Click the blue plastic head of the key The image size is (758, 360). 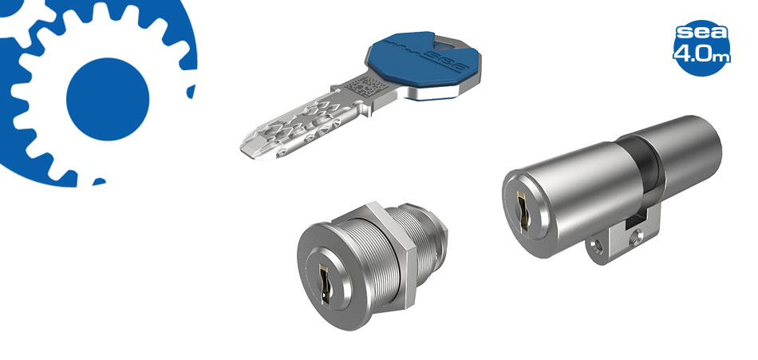click(423, 61)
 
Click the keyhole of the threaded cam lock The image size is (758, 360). click(325, 283)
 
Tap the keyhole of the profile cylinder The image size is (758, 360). click(522, 209)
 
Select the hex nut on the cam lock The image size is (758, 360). click(392, 254)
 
